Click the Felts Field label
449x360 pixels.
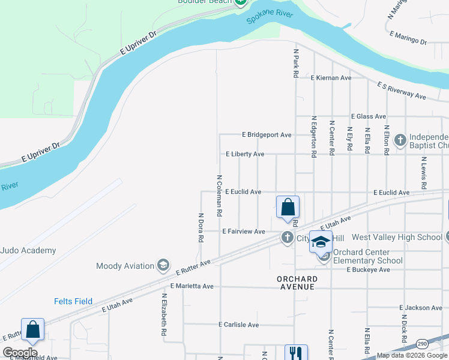[73, 301]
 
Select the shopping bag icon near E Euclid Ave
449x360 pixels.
[288, 207]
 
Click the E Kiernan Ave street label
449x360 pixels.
[331, 78]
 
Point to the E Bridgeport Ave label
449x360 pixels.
[267, 135]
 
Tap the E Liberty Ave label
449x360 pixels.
[245, 154]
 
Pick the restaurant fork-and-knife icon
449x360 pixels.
[295, 353]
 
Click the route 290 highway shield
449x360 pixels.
[423, 343]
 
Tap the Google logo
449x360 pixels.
[20, 352]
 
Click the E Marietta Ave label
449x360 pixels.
[191, 286]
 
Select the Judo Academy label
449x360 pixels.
[28, 250]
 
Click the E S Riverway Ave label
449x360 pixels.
[402, 91]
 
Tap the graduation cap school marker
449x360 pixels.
[321, 242]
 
